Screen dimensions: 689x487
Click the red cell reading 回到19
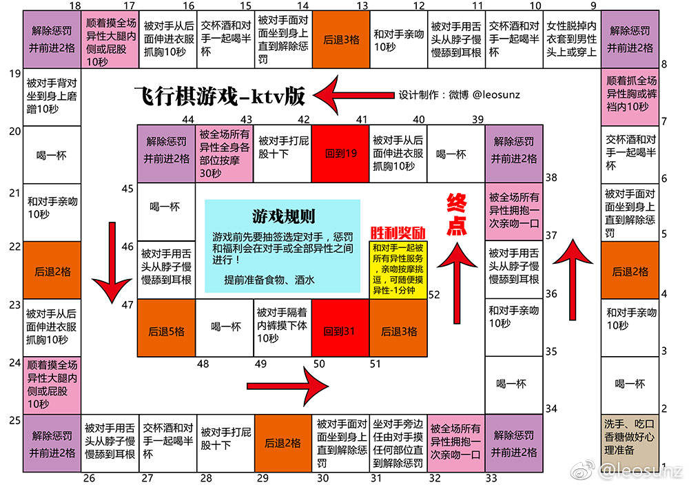coord(340,154)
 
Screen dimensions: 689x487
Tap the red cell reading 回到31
coord(340,328)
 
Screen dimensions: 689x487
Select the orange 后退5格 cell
coord(167,328)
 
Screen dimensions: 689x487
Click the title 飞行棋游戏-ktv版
coord(220,96)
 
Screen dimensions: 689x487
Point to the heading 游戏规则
coord(283,216)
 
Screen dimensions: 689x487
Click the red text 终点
coord(457,215)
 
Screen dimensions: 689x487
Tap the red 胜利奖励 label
coord(398,233)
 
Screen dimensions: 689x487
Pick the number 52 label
coord(434,295)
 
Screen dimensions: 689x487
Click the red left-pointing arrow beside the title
coord(353,95)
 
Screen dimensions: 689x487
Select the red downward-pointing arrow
coord(112,262)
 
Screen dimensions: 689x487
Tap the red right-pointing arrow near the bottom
coord(288,386)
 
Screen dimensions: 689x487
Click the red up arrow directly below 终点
coord(457,284)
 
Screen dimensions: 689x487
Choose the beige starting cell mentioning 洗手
coord(630,444)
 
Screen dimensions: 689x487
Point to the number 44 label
coord(188,119)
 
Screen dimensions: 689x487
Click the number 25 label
coord(15,420)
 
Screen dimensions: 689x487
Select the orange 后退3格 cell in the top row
coord(342,39)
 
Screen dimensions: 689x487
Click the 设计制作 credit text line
coord(459,95)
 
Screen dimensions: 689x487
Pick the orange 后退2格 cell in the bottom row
coord(283,444)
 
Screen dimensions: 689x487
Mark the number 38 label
coord(551,178)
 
